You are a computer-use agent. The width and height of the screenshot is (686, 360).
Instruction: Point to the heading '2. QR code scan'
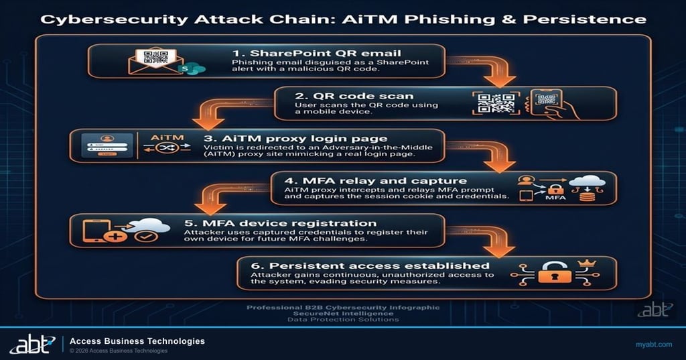click(355, 95)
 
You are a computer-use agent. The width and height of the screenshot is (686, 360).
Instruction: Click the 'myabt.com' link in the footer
click(653, 344)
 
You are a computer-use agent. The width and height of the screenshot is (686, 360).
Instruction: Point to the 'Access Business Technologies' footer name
click(137, 341)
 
